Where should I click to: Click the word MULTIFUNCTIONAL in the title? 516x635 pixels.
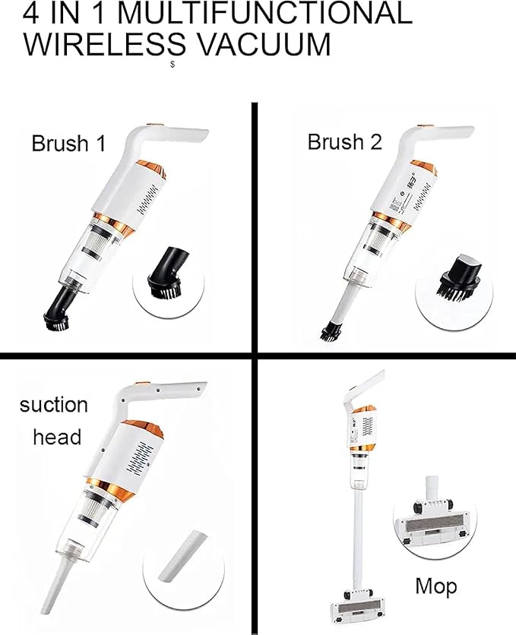tap(266, 13)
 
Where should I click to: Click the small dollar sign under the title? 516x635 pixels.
tap(173, 65)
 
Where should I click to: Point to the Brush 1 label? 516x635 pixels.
tap(68, 144)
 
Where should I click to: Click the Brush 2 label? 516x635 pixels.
tap(344, 142)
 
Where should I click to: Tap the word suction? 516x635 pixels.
tap(53, 405)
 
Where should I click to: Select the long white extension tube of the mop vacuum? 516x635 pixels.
tap(358, 539)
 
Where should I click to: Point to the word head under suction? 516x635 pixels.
tap(57, 437)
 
